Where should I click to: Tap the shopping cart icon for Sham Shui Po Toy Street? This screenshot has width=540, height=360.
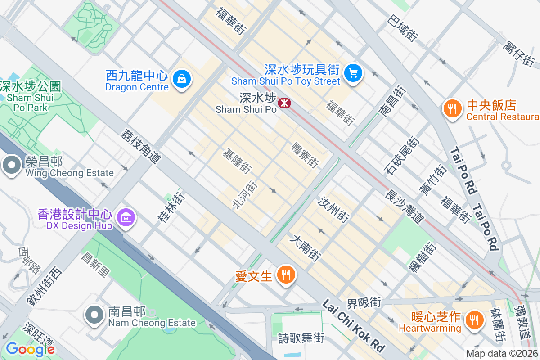pyautogui.click(x=353, y=72)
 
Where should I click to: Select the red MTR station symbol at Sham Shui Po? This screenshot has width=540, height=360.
pyautogui.click(x=284, y=103)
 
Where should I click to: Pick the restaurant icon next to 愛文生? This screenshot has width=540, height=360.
pyautogui.click(x=285, y=274)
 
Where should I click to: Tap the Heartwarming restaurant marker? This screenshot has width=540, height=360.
pyautogui.click(x=473, y=320)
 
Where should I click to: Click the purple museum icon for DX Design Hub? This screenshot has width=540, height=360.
pyautogui.click(x=126, y=217)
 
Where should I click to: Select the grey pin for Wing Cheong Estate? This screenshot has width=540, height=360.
pyautogui.click(x=11, y=165)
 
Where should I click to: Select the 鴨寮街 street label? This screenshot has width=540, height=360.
pyautogui.click(x=305, y=154)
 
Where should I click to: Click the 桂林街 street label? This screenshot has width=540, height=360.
pyautogui.click(x=171, y=207)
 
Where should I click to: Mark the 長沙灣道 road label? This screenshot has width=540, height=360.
pyautogui.click(x=405, y=206)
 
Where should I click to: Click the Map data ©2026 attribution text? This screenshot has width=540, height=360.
pyautogui.click(x=502, y=353)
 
